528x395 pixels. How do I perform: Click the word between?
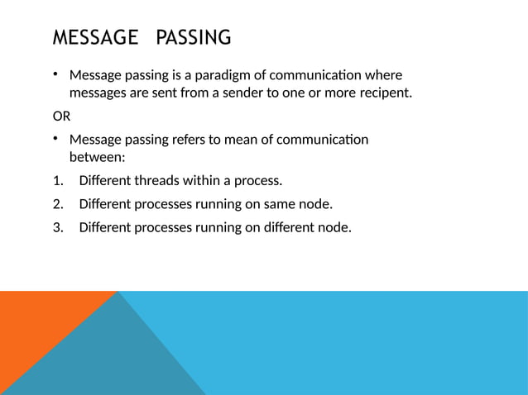97,156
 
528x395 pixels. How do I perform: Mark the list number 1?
57,180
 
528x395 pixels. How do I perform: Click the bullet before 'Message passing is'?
57,75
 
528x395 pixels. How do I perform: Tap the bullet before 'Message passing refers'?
57,139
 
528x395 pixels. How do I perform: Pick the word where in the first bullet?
382,75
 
